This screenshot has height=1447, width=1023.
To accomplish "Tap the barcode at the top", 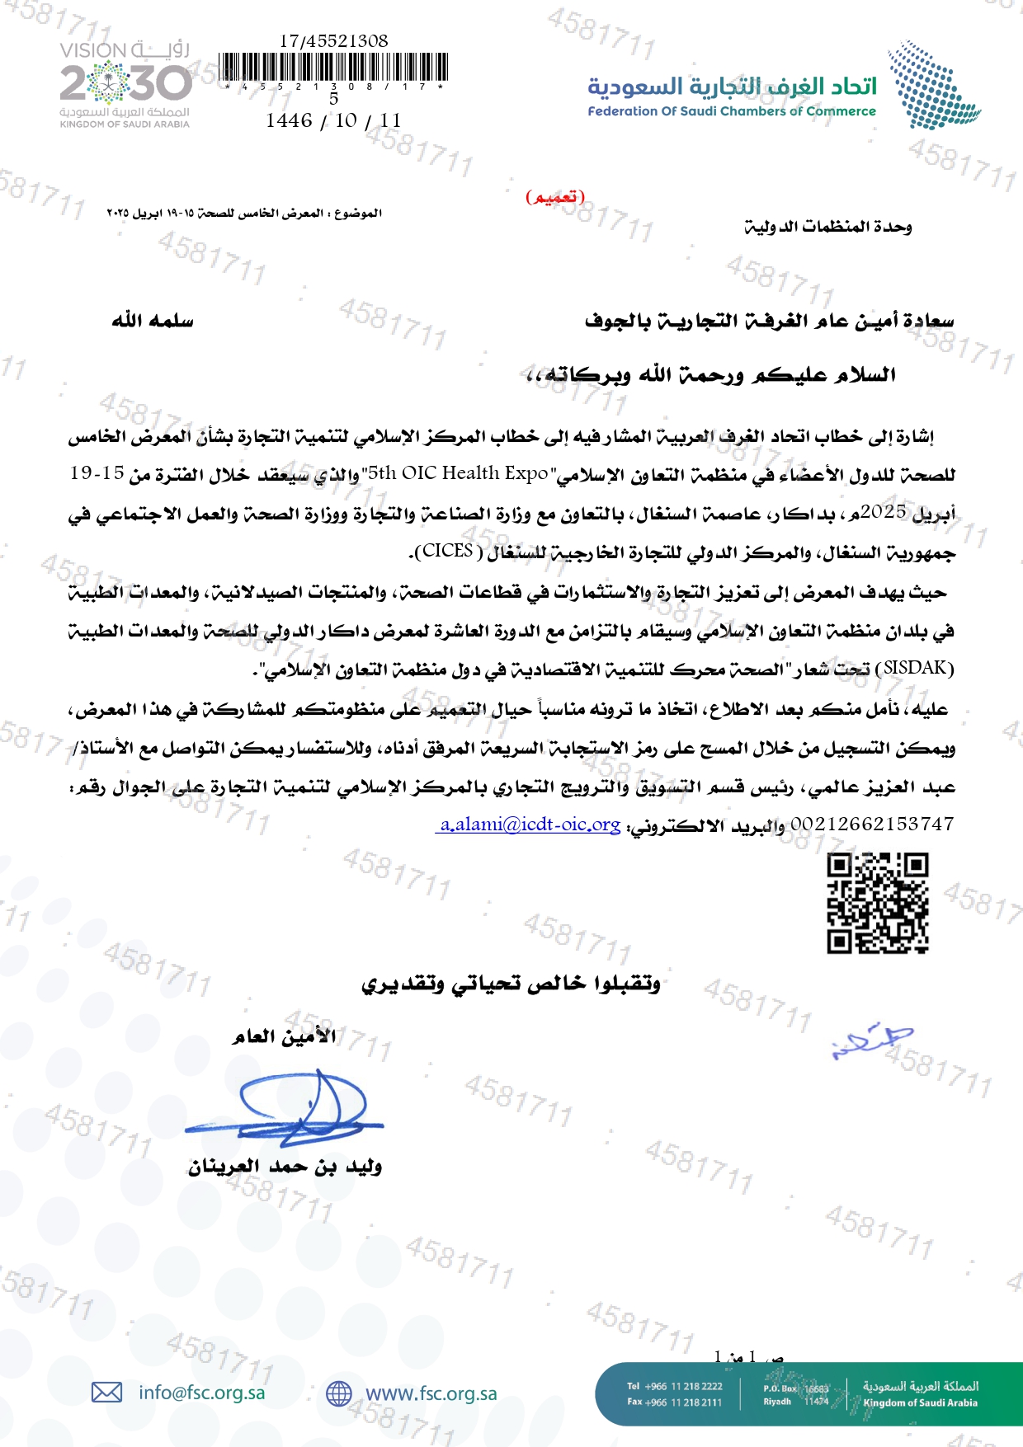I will [333, 67].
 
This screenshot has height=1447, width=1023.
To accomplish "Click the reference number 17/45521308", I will [333, 40].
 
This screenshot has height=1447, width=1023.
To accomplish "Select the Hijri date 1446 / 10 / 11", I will [333, 120].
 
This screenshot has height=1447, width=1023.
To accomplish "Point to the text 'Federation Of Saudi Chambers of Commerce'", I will [731, 111].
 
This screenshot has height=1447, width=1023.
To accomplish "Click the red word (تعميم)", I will [555, 197].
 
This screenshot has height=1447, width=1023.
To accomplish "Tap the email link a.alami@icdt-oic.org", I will [529, 824].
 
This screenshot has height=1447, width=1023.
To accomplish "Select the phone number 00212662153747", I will [872, 824].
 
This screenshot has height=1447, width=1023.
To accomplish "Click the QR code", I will [878, 903].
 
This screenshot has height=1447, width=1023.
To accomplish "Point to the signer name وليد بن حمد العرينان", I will [285, 1167].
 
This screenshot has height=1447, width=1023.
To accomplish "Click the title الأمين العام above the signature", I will [285, 1036].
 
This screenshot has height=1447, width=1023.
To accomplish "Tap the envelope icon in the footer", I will [106, 1393].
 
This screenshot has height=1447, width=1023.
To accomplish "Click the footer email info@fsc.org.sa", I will [202, 1393].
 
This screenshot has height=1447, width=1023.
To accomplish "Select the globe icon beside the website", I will [338, 1393].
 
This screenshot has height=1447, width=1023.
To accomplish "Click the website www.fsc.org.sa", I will [431, 1393].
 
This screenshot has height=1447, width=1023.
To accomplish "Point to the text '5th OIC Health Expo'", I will [458, 473].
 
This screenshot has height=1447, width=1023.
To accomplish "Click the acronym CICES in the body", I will [447, 551].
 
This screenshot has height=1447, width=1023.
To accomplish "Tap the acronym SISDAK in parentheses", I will [918, 668].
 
